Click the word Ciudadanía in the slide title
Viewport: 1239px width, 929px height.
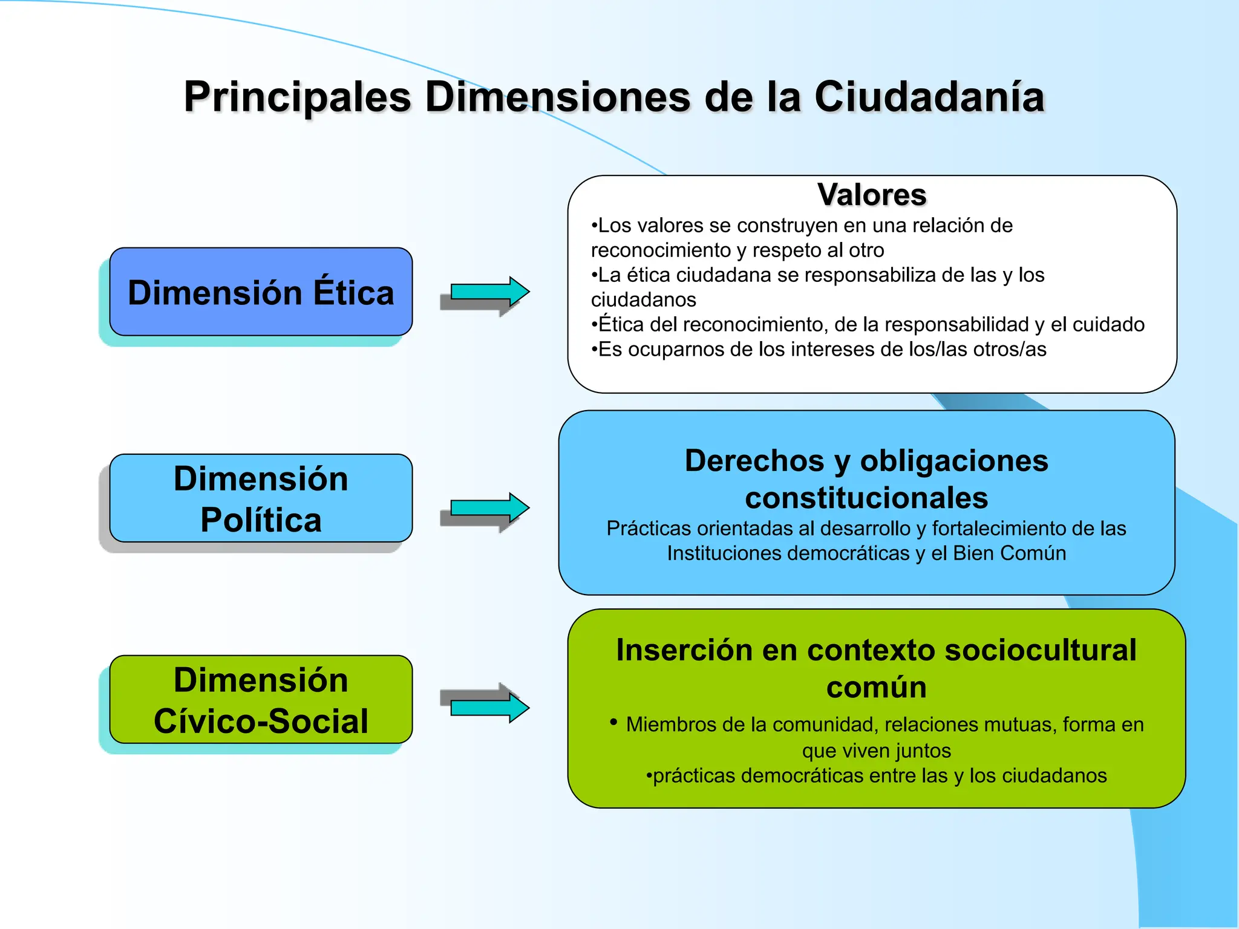point(929,97)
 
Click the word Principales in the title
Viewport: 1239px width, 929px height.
point(298,97)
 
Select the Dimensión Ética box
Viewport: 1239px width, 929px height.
point(261,292)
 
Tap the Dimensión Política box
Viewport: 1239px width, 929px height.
point(261,498)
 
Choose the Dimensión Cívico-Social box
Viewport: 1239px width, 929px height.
point(261,700)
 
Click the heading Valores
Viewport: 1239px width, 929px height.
point(872,195)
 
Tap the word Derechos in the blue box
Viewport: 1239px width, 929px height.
point(754,461)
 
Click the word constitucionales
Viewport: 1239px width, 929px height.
point(866,498)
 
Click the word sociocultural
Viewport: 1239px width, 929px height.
point(1040,651)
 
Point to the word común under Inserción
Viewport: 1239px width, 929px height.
point(876,688)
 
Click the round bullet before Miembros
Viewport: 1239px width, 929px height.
point(613,722)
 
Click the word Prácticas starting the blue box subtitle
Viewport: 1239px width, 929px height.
point(648,529)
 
